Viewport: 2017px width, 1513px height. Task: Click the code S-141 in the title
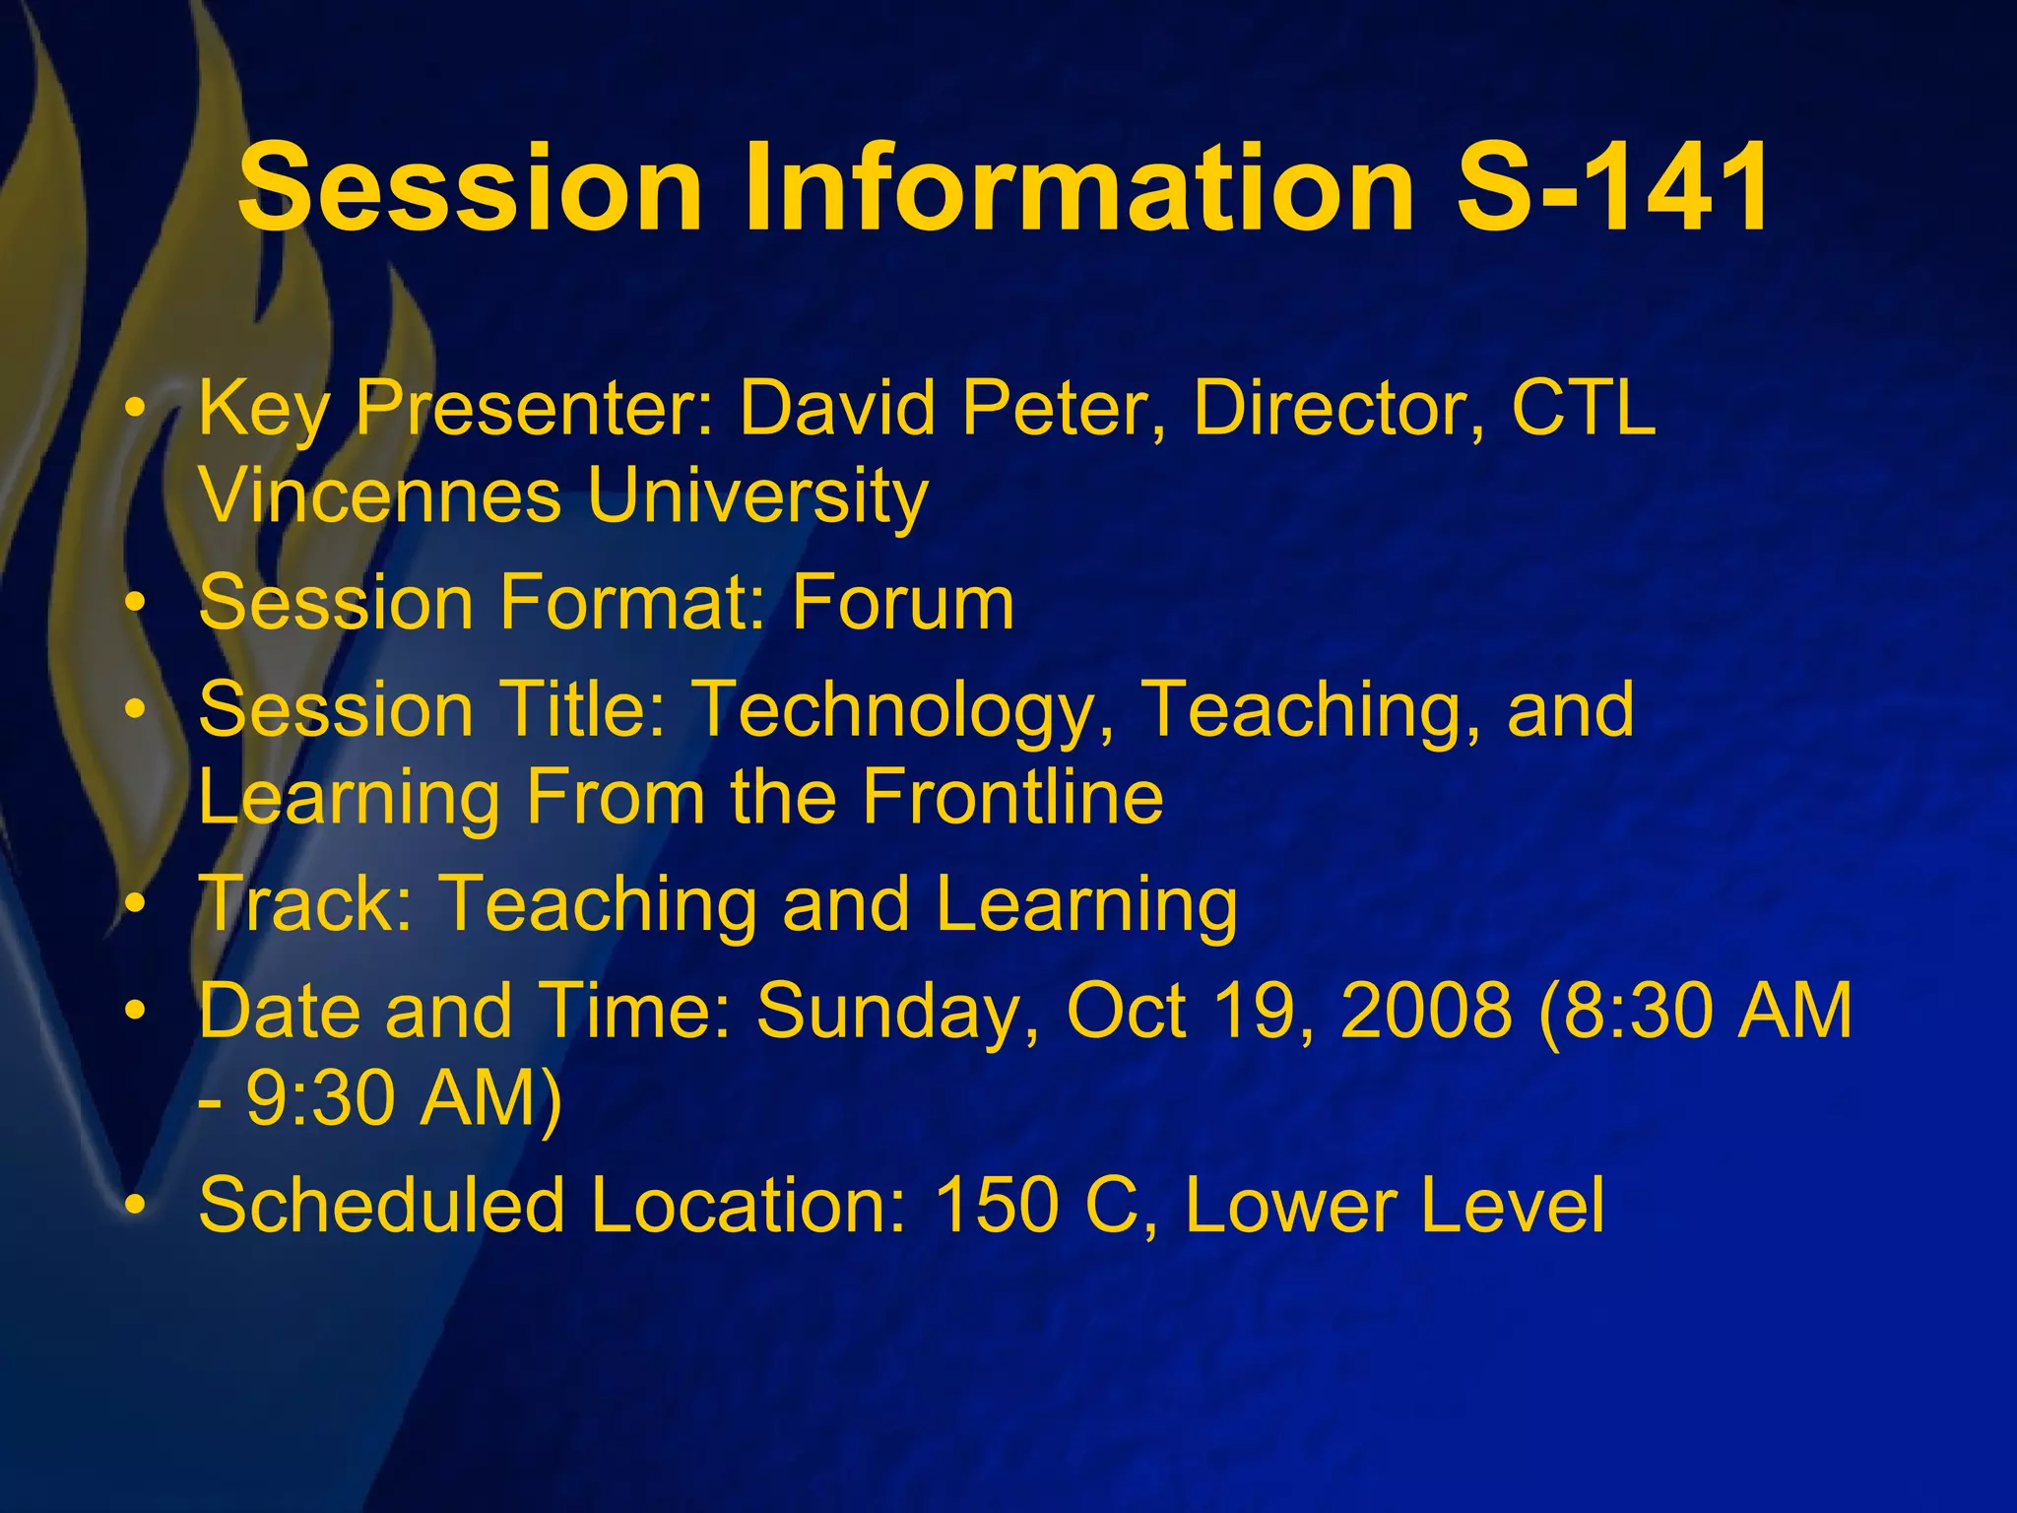pos(1613,187)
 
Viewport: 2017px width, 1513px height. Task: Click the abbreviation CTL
pos(1584,408)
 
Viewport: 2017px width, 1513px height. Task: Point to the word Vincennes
pos(380,495)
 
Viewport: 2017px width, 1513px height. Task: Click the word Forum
pos(902,603)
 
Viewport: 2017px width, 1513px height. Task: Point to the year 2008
pos(1426,1011)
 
